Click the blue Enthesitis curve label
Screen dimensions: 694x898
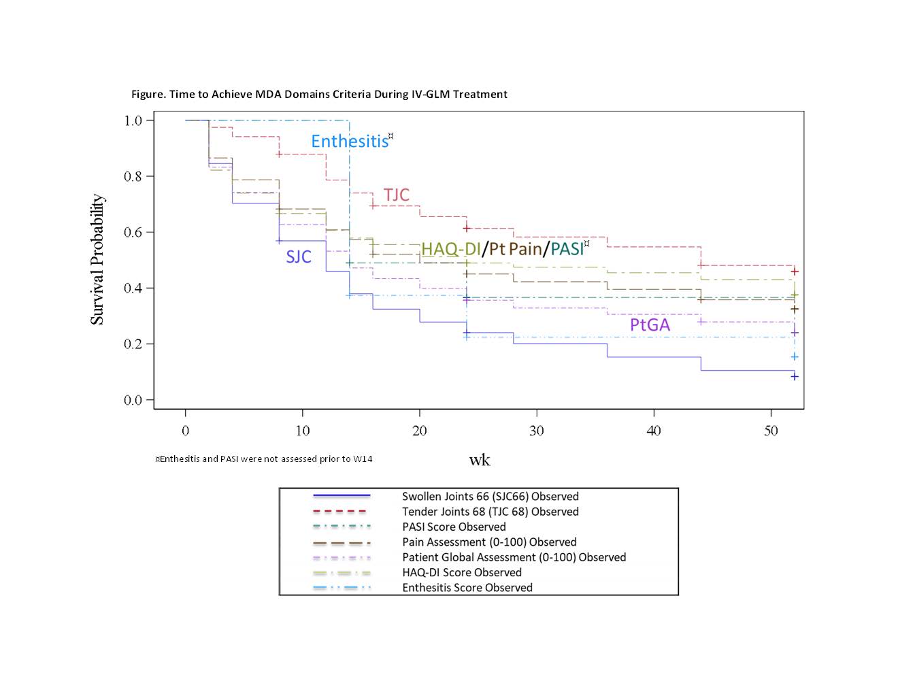point(350,141)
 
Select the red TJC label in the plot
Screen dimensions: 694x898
point(397,195)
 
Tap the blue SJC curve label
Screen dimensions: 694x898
point(299,257)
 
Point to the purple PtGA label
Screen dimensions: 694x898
point(650,325)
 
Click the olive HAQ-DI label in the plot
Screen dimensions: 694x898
point(450,249)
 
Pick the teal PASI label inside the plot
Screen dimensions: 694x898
point(567,249)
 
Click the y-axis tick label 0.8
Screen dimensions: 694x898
point(133,176)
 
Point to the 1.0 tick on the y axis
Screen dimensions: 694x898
point(133,120)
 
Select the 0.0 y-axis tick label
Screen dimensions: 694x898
point(133,400)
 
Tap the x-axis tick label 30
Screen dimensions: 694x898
point(537,431)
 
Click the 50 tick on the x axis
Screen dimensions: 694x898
point(771,431)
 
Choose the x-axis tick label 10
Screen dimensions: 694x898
point(303,431)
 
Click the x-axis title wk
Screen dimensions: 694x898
point(480,460)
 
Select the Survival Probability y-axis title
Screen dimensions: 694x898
point(97,259)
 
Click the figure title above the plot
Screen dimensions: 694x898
point(319,94)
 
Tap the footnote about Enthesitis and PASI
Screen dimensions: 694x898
point(264,459)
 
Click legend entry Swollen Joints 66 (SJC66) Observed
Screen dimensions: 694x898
point(490,497)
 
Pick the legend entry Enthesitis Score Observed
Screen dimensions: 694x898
point(467,588)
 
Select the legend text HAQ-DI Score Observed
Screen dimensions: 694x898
point(461,572)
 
